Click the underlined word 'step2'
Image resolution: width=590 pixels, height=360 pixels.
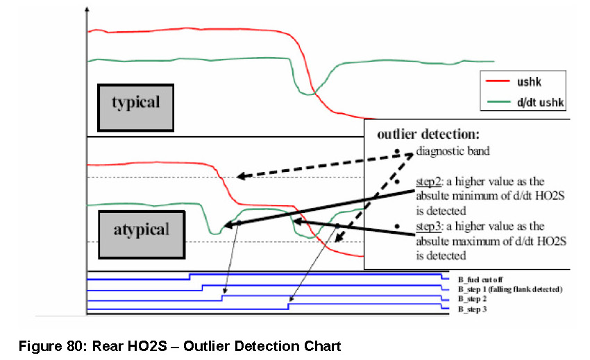pyautogui.click(x=430, y=180)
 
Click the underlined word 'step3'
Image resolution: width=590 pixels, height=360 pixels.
pyautogui.click(x=430, y=226)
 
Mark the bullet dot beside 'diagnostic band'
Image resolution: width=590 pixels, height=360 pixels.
pyautogui.click(x=396, y=152)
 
